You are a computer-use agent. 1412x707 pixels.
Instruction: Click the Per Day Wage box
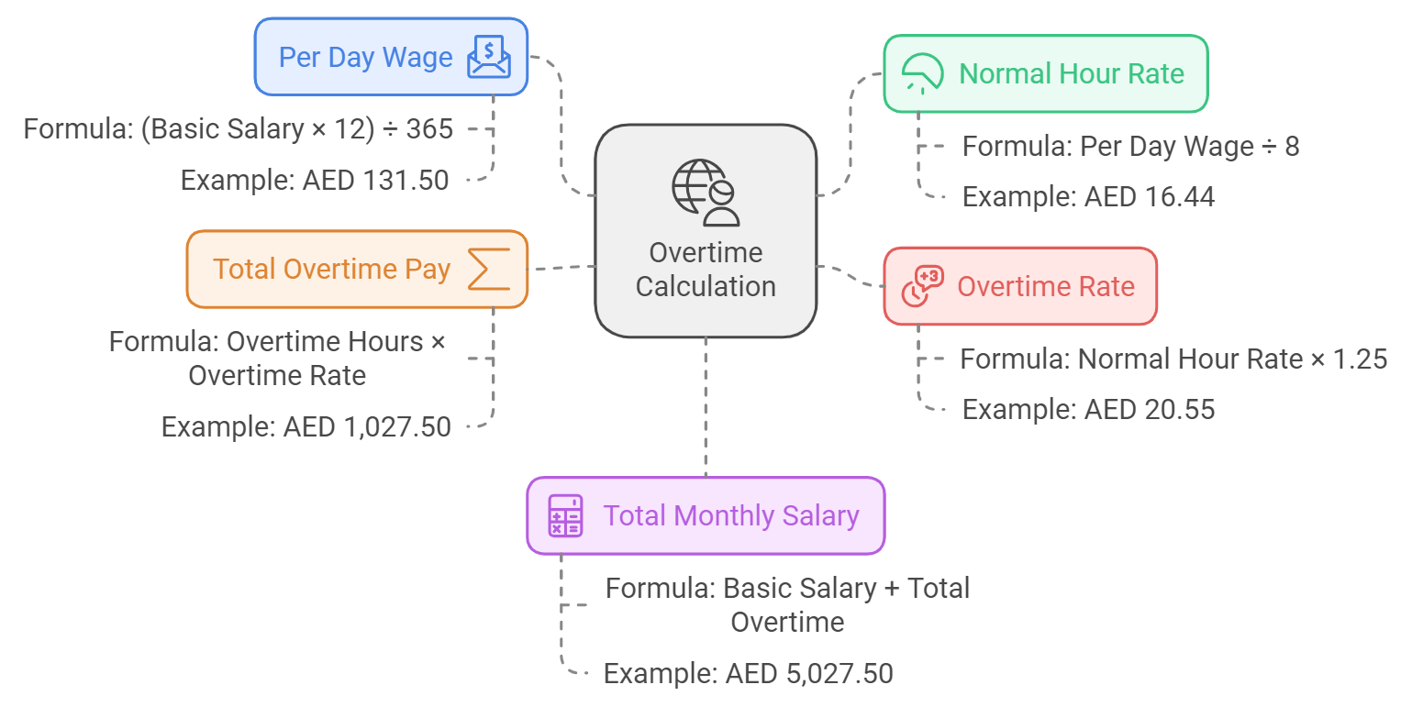[391, 57]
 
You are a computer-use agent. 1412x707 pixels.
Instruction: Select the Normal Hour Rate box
[1045, 73]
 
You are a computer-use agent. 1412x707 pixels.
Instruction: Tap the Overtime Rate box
[1019, 286]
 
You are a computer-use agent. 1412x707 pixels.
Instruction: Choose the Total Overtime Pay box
[357, 269]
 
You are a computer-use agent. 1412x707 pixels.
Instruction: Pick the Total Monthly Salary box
[705, 515]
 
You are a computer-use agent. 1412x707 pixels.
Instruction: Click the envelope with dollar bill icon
[488, 57]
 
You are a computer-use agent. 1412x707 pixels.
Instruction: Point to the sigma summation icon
[488, 269]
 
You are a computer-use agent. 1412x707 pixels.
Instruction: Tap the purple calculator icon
[565, 515]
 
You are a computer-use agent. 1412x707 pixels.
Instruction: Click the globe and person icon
[705, 193]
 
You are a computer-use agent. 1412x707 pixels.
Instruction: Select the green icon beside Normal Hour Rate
[922, 73]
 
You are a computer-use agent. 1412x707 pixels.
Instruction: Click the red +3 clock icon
[922, 286]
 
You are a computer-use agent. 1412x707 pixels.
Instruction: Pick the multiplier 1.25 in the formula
[1362, 359]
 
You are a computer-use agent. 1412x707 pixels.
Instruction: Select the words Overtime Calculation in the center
[705, 270]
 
